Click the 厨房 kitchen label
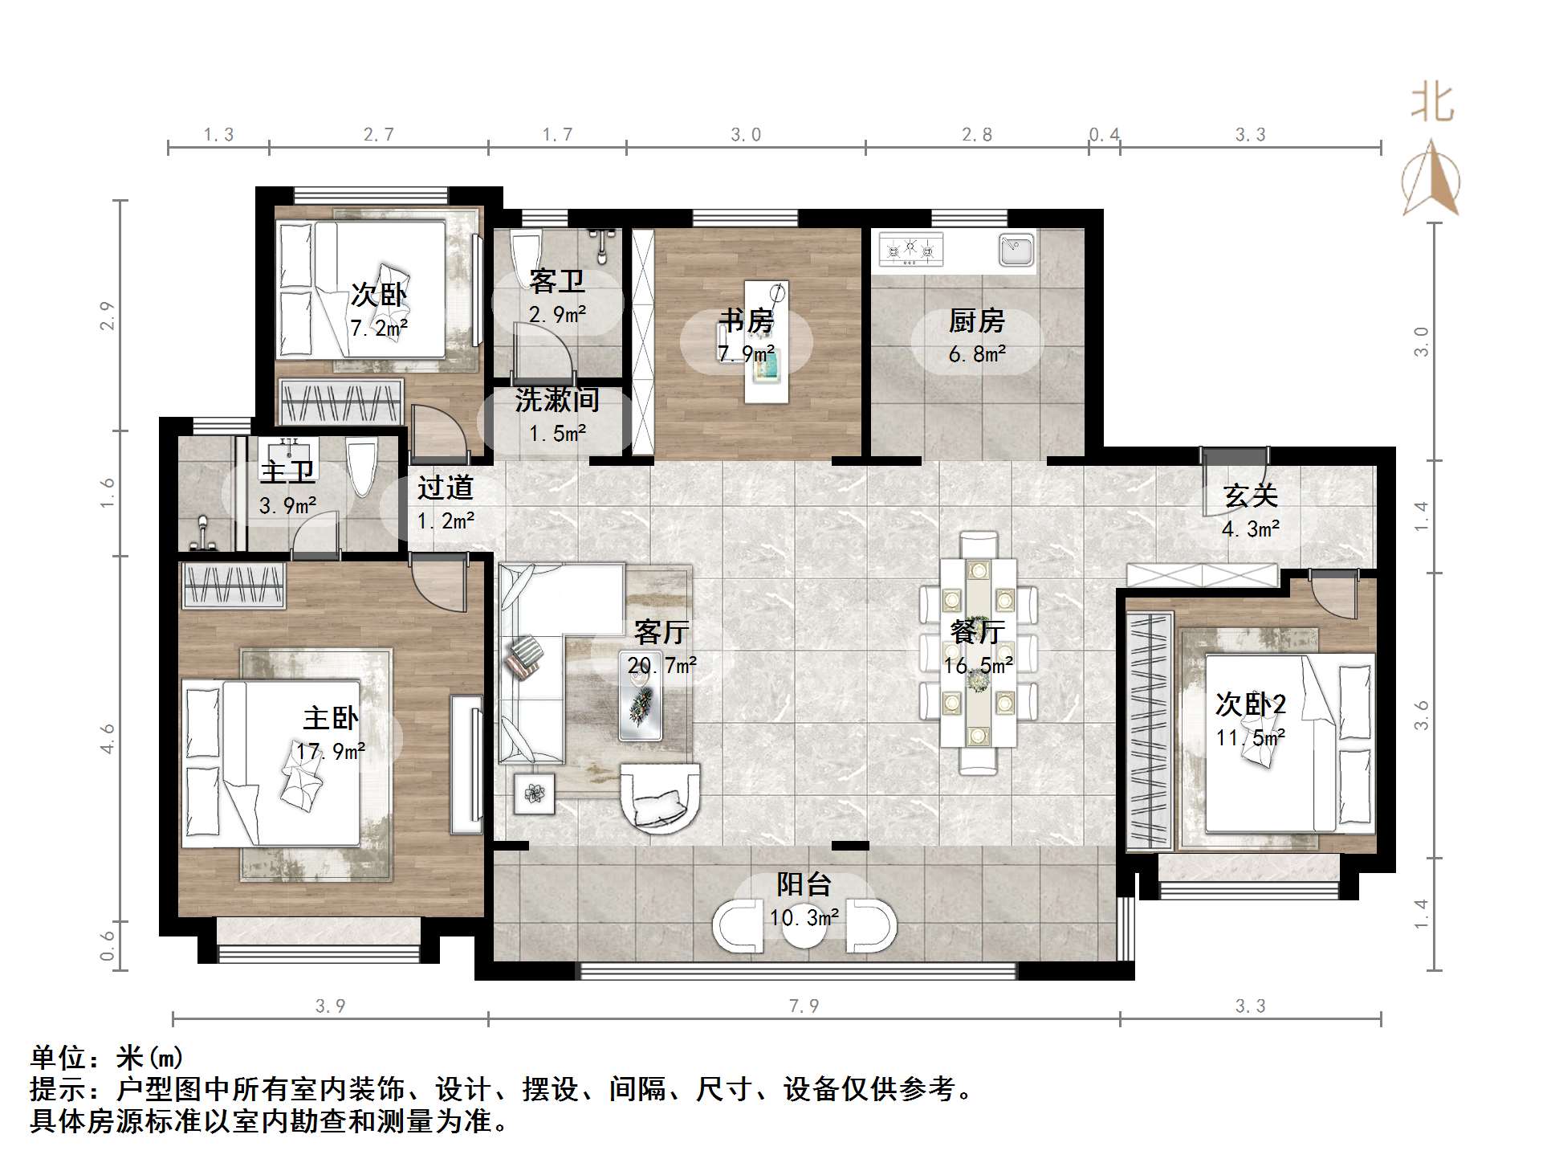coord(976,321)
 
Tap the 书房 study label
coord(746,320)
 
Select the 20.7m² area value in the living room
coord(661,665)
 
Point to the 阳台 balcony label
coord(804,884)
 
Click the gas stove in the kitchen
coord(910,250)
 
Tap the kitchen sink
coord(1016,250)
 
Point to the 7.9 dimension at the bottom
coord(804,1006)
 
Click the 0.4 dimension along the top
coord(1105,135)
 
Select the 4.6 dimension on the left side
coord(107,738)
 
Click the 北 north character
coord(1432,104)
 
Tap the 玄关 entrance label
coord(1250,496)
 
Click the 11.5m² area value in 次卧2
coord(1250,737)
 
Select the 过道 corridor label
coord(446,488)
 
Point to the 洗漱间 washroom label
coord(557,399)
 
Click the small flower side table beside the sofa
coord(534,794)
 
